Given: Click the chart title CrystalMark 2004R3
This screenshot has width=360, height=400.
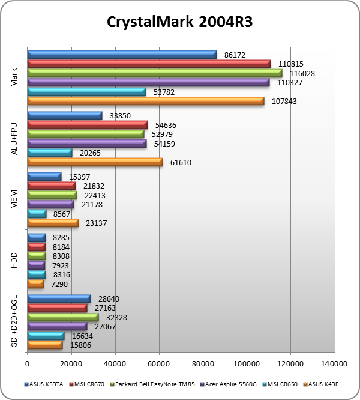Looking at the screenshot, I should [180, 22].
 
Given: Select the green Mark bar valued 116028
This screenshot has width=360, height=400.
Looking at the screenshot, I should [154, 73].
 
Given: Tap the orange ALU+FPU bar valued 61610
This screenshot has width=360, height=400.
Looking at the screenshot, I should [95, 162].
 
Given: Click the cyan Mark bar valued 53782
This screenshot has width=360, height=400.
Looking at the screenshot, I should [86, 92].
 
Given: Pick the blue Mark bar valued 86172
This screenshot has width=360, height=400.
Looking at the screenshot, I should [122, 55].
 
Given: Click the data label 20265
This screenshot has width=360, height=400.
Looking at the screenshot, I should [89, 153].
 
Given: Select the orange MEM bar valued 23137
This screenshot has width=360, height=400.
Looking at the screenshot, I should [53, 223].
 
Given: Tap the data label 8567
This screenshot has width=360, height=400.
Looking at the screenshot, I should [63, 214].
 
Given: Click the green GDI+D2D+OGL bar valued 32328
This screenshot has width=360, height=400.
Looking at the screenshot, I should [62, 317].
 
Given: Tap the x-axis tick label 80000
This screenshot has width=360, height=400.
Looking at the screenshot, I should [202, 363].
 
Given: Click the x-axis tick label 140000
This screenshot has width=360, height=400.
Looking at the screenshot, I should [334, 363].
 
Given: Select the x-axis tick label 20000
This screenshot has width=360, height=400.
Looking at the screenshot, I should [71, 363].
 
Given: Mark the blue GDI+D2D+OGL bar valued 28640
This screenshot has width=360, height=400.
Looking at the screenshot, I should [58, 298].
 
